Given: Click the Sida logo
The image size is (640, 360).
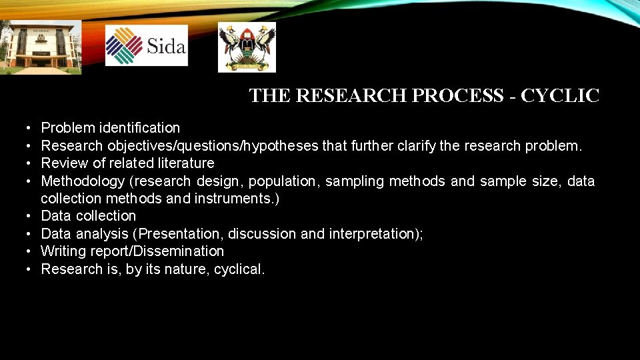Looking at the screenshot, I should (x=147, y=45).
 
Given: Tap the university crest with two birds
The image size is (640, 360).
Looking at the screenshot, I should (x=247, y=47).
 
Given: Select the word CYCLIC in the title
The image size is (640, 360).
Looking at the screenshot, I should (x=560, y=96).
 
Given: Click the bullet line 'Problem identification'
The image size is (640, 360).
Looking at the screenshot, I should (x=111, y=127).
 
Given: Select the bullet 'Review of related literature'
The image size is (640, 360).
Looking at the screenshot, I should (x=127, y=163).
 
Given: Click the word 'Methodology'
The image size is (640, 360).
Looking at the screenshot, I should (x=83, y=181).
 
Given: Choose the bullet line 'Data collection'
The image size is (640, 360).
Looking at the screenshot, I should (x=88, y=216).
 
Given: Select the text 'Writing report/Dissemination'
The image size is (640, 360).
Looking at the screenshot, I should (x=132, y=251).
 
